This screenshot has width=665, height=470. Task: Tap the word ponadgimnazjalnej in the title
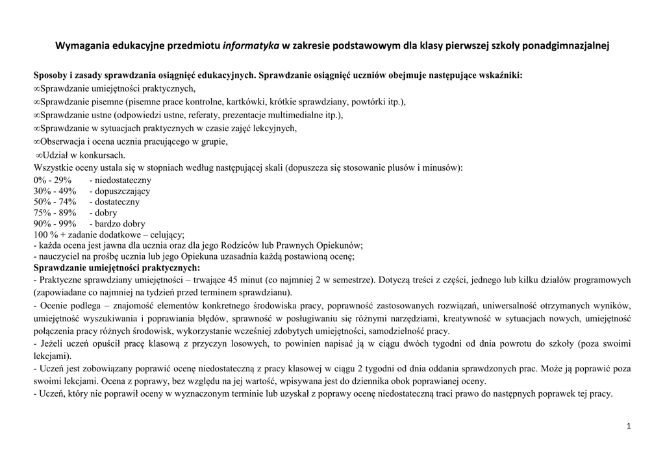point(568,46)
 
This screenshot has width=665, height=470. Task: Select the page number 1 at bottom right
point(629,426)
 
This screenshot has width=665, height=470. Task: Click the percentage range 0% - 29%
point(52,180)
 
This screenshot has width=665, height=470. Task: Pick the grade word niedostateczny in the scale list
point(123,180)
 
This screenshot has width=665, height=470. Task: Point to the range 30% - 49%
point(55,191)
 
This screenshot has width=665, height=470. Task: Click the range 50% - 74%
point(55,202)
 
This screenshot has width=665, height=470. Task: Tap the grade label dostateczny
point(117,202)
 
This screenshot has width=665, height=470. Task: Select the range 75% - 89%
point(55,213)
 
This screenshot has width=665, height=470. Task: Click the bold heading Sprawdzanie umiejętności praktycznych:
point(117,267)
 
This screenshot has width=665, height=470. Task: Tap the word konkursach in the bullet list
point(104,155)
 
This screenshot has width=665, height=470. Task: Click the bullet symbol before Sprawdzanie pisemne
point(36,103)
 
